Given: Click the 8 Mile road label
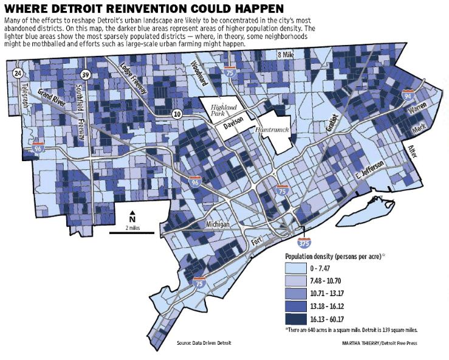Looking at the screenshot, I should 285,55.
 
